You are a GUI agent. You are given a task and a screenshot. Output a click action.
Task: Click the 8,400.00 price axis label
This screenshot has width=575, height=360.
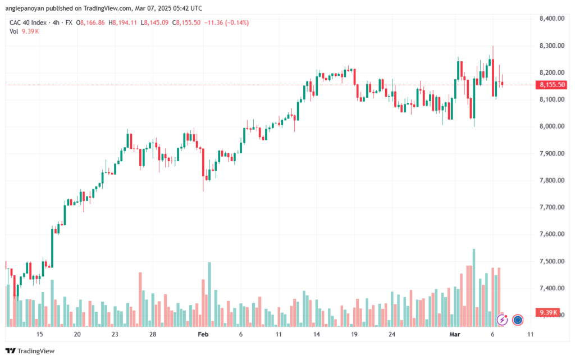point(551,19)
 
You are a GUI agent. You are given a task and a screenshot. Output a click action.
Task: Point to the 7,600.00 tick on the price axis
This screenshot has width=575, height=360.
point(551,234)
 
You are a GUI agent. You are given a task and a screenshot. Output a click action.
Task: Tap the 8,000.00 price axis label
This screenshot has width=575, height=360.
point(551,126)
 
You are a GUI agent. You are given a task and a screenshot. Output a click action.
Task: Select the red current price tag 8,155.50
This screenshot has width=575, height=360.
point(552,85)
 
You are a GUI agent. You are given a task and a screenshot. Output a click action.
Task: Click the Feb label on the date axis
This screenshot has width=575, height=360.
point(203,334)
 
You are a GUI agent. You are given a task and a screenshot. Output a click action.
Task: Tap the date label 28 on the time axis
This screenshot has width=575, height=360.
point(153,334)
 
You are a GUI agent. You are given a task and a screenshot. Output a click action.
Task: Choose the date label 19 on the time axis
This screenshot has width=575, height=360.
point(354,334)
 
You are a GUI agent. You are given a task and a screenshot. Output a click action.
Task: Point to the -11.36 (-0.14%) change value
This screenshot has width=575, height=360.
point(227,22)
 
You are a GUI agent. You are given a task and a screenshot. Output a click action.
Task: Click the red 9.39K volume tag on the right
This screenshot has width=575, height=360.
point(548,312)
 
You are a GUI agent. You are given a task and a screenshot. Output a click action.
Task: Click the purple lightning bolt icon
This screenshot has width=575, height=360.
point(502,320)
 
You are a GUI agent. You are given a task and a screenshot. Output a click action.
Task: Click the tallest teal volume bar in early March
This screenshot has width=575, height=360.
point(474,286)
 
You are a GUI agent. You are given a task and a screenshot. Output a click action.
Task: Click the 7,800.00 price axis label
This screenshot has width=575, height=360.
point(551,180)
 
